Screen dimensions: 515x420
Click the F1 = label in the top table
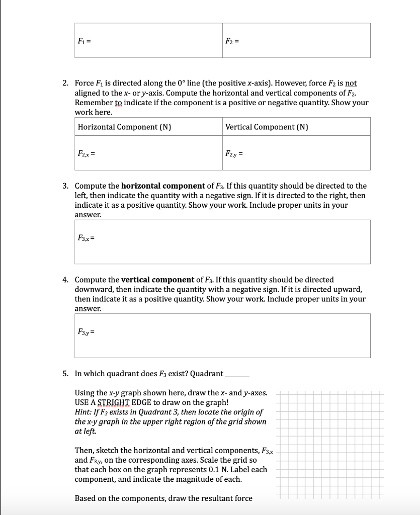[83, 41]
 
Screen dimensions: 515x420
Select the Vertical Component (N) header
[267, 127]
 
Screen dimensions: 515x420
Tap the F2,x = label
[85, 153]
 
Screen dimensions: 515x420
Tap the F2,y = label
[233, 153]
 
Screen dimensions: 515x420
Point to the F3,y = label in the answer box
[85, 332]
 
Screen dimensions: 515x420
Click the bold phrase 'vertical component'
[158, 280]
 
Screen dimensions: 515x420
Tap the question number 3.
[65, 186]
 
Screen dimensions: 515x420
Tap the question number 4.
[65, 280]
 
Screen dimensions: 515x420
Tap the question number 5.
[65, 374]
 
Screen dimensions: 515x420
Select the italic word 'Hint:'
[83, 412]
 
